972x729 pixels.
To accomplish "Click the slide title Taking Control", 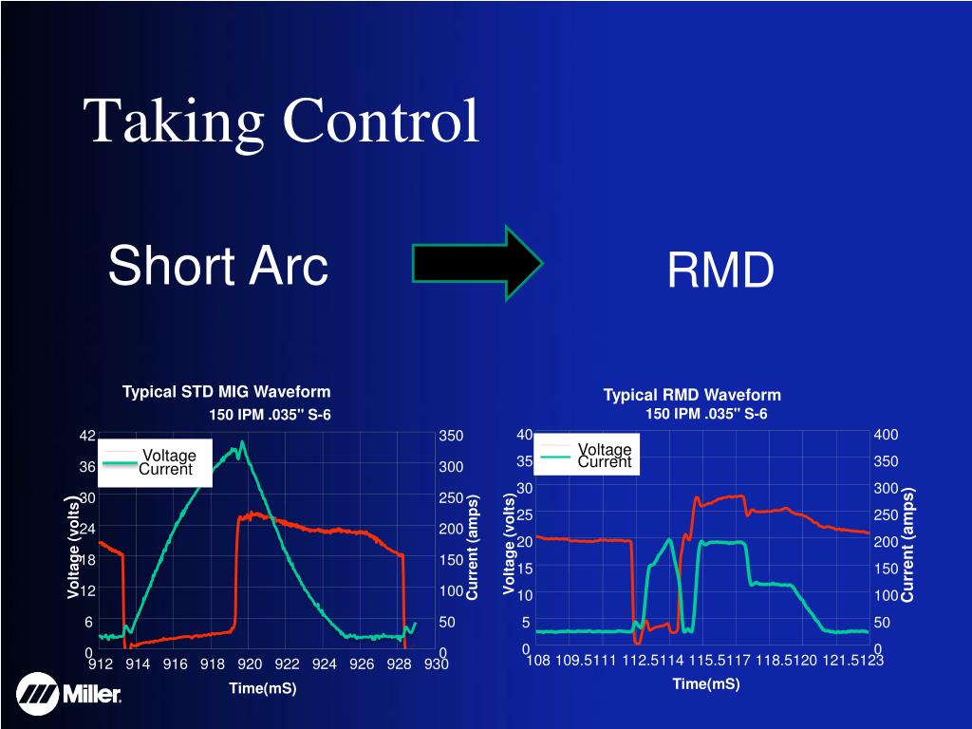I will pyautogui.click(x=281, y=121).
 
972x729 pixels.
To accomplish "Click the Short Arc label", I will pyautogui.click(x=217, y=265).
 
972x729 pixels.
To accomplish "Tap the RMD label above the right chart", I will pyautogui.click(x=720, y=271).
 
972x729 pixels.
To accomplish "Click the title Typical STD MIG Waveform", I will pyautogui.click(x=226, y=391).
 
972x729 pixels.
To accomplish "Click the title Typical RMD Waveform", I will pyautogui.click(x=692, y=395).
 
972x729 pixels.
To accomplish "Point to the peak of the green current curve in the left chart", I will pyautogui.click(x=243, y=442).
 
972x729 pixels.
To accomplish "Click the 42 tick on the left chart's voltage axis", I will pyautogui.click(x=86, y=436).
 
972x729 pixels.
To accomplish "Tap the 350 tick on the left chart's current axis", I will pyautogui.click(x=450, y=436).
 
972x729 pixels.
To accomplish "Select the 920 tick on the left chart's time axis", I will pyautogui.click(x=250, y=664).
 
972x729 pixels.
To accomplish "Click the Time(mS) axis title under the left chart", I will pyautogui.click(x=262, y=688).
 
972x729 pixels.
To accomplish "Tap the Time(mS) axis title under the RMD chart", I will pyautogui.click(x=705, y=683).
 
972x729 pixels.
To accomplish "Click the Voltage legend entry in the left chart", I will pyautogui.click(x=168, y=456).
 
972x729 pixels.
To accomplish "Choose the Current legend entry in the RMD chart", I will pyautogui.click(x=605, y=462).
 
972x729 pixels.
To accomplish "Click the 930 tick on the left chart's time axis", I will pyautogui.click(x=436, y=664).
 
